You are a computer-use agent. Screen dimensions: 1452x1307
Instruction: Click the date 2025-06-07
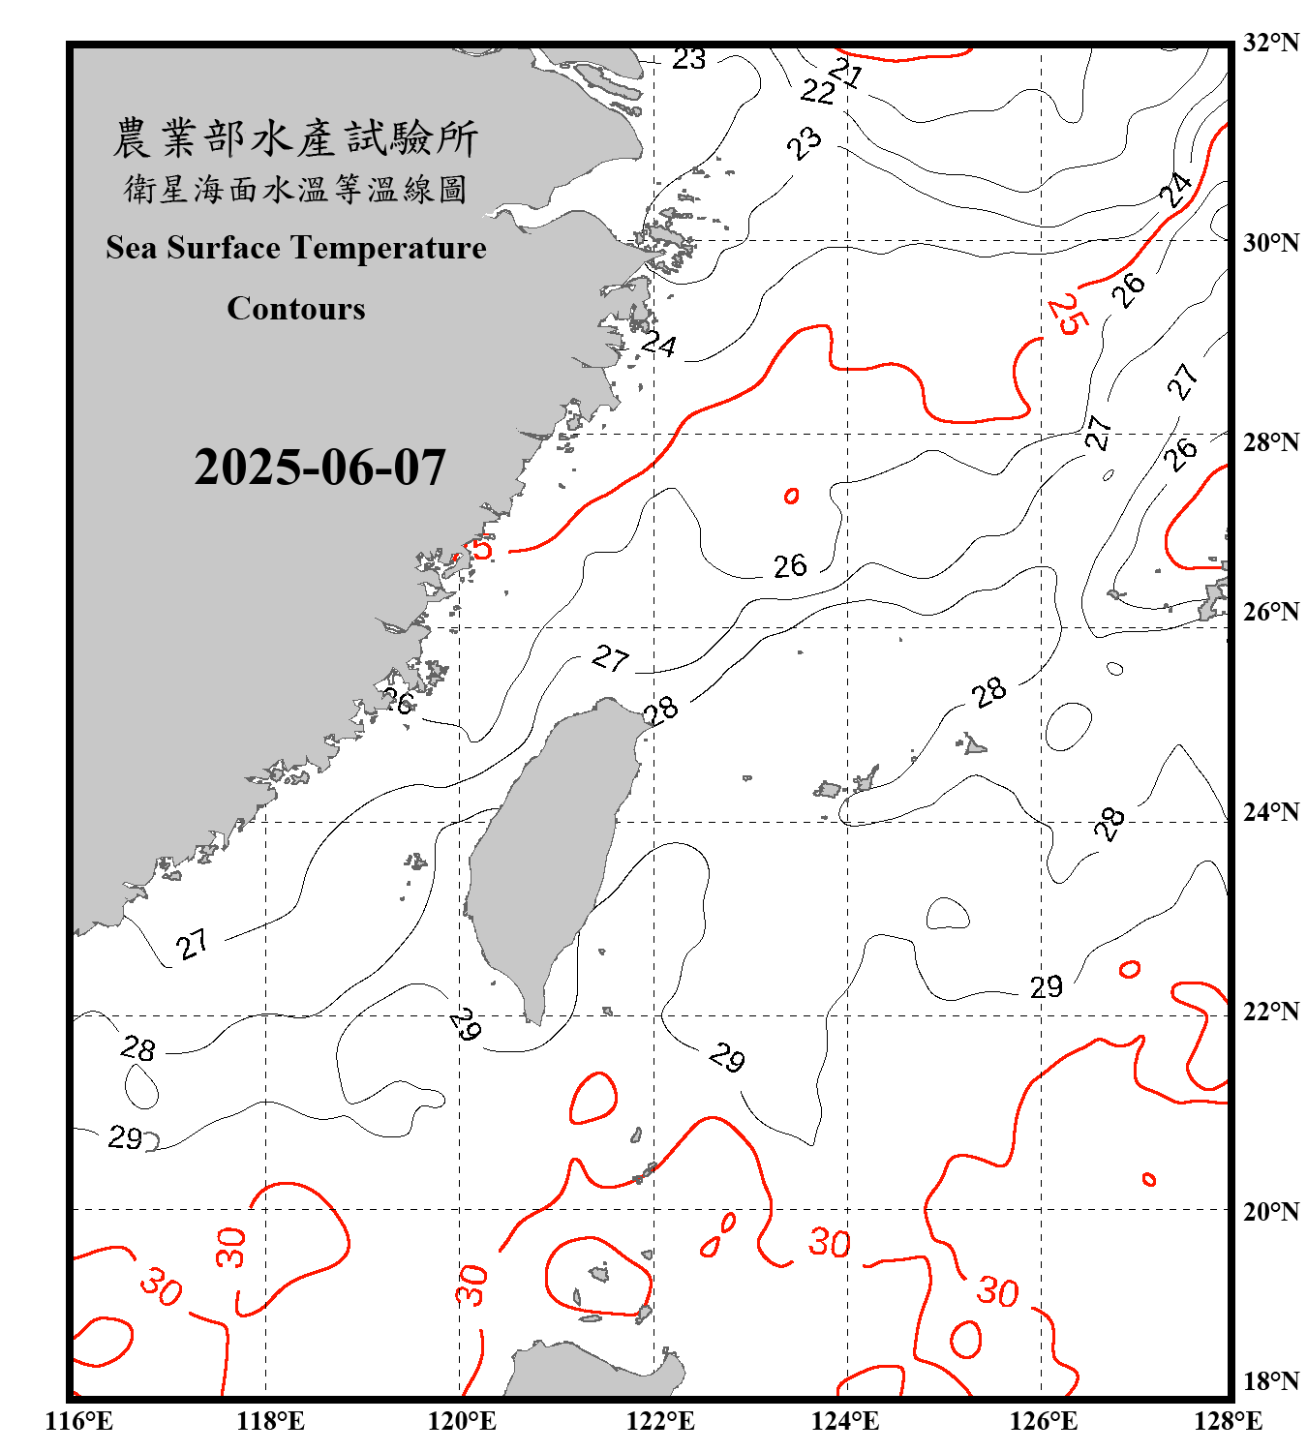[x=319, y=468]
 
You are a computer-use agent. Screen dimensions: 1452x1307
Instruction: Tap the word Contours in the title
[x=296, y=308]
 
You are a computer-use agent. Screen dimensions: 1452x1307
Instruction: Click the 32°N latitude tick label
[x=1271, y=43]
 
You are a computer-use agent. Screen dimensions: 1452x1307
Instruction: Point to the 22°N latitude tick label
[x=1271, y=1012]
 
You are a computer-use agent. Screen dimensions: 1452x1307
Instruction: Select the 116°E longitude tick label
[x=79, y=1421]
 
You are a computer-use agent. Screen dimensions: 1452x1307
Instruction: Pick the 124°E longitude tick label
[x=845, y=1421]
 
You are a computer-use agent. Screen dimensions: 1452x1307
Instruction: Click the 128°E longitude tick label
[x=1228, y=1421]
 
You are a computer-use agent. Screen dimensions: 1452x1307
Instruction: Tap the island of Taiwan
[x=547, y=852]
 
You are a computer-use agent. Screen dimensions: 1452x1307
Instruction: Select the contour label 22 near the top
[x=818, y=92]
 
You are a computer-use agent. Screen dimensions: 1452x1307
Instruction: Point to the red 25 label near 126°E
[x=1065, y=314]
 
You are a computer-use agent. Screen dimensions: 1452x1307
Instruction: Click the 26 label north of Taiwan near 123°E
[x=790, y=565]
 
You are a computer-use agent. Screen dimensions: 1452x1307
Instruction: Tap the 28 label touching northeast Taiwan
[x=661, y=711]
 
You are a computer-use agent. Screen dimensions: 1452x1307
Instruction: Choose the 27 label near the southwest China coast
[x=193, y=944]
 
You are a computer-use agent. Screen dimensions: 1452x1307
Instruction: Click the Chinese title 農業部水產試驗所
[x=296, y=138]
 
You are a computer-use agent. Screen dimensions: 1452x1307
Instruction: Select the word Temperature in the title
[x=387, y=248]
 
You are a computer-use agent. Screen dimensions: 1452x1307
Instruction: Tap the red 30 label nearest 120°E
[x=472, y=1285]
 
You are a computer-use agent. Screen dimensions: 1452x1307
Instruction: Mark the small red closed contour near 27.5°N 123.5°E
[x=791, y=496]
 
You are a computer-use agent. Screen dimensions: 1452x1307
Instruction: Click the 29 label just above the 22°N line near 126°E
[x=1046, y=987]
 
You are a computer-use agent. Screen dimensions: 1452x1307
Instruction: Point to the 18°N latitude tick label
[x=1271, y=1380]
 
